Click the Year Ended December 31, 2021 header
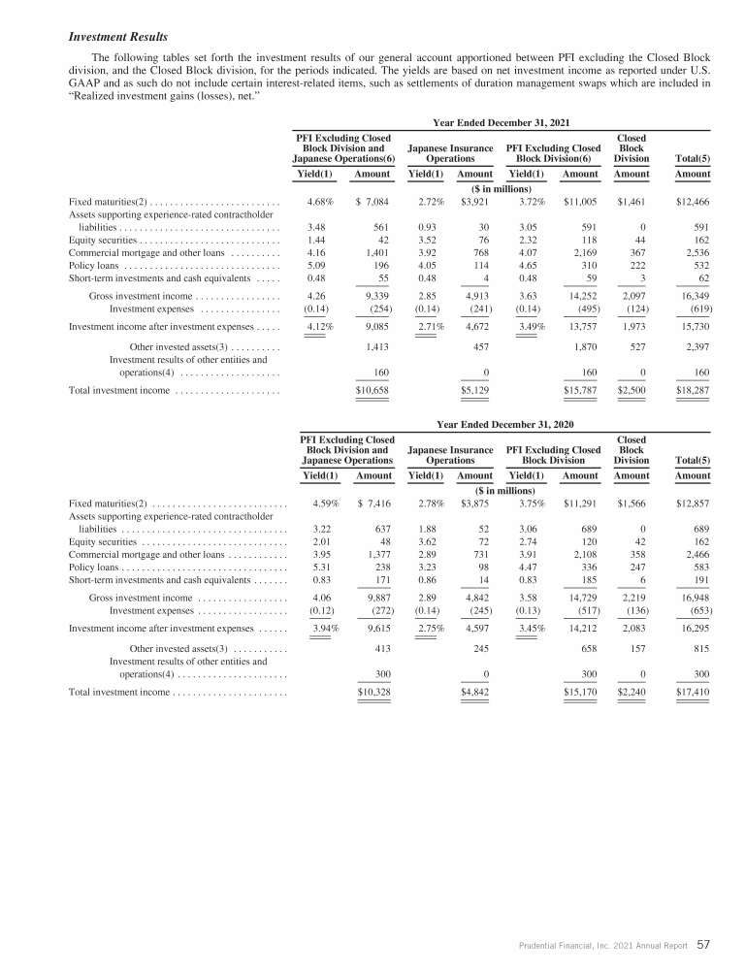tap(502, 123)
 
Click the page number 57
tap(704, 943)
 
